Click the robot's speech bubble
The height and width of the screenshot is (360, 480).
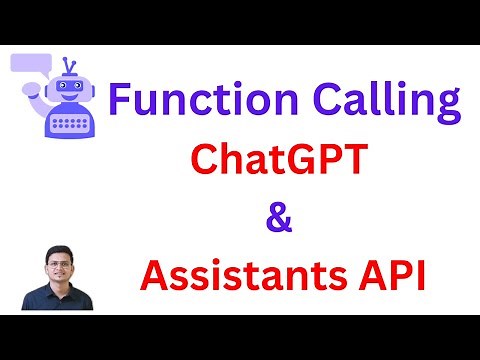point(31,67)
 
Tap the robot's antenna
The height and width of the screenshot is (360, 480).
point(67,66)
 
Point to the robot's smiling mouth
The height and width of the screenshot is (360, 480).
point(68,99)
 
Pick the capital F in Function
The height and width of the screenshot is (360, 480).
point(120,102)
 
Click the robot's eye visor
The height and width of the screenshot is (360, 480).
point(68,88)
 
